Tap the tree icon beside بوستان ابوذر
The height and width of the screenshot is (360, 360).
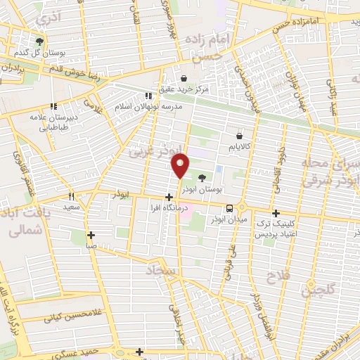point(202,177)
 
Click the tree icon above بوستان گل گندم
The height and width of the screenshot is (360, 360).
point(39,41)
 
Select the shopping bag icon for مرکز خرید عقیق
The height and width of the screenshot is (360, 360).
point(184,79)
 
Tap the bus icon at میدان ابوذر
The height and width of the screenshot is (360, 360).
point(230,207)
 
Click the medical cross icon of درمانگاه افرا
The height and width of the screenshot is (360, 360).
point(168,198)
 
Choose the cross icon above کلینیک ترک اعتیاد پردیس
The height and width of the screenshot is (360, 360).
point(275,213)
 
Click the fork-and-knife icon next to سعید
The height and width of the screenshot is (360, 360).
point(70,197)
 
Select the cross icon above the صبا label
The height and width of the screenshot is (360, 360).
point(91,235)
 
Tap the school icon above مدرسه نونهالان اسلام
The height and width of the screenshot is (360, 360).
point(148,96)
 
